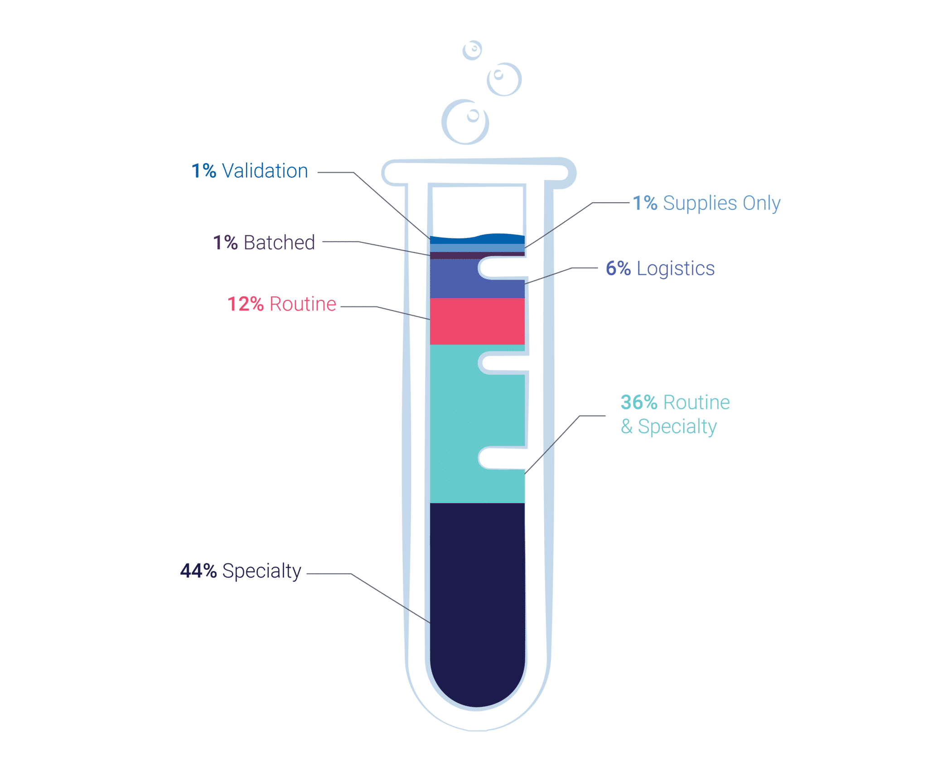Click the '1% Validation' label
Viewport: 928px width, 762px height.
(250, 171)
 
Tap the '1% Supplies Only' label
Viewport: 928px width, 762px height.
(706, 203)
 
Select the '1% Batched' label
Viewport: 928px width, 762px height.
(264, 243)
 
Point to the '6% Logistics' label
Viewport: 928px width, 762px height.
(660, 268)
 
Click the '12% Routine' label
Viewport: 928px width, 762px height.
(281, 304)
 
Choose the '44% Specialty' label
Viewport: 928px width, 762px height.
(241, 571)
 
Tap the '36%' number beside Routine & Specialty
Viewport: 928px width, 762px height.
(638, 402)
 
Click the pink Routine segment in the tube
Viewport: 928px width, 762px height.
(477, 321)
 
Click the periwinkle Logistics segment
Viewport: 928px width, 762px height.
(453, 279)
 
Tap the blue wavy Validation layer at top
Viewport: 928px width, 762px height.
(477, 239)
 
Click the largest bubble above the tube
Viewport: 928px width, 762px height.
(465, 122)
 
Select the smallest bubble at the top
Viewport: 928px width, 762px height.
(472, 50)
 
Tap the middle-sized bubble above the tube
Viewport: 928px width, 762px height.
(504, 79)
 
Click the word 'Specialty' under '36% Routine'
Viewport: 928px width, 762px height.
(677, 427)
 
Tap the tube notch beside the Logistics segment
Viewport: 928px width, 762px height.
(503, 268)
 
